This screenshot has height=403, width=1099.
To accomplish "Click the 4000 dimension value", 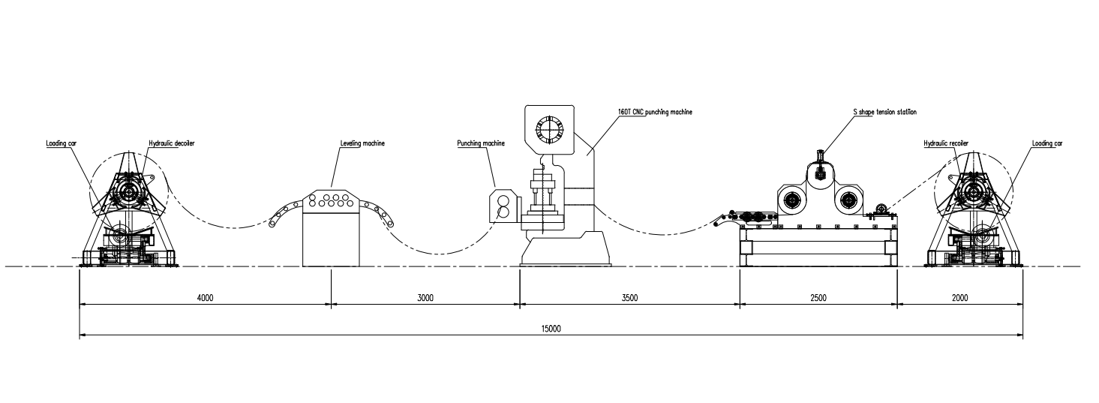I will (x=205, y=298).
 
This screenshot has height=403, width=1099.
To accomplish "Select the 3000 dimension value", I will (x=425, y=298).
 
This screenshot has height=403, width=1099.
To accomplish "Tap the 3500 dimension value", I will (x=629, y=298).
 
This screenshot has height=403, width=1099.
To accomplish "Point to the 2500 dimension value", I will (x=818, y=298).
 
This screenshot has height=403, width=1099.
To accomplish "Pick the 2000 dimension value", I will (x=959, y=298).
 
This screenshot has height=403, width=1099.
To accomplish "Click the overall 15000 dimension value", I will (x=551, y=329).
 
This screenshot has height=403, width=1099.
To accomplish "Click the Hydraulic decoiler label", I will (x=172, y=143).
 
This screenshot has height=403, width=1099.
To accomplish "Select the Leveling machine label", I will (x=362, y=143).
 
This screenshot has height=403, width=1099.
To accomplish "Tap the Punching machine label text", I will (x=481, y=143).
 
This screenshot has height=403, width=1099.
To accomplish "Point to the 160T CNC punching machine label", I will (x=654, y=112).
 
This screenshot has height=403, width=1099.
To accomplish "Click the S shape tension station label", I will (x=884, y=112).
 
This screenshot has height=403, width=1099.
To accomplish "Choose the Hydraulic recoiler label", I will (x=946, y=143).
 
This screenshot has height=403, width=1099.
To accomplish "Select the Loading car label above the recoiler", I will (x=1046, y=143).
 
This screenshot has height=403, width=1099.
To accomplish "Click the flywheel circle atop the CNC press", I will (x=550, y=128).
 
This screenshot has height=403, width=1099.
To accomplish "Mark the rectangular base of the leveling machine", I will (x=332, y=237).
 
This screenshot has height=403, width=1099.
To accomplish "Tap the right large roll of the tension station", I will (x=848, y=200).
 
